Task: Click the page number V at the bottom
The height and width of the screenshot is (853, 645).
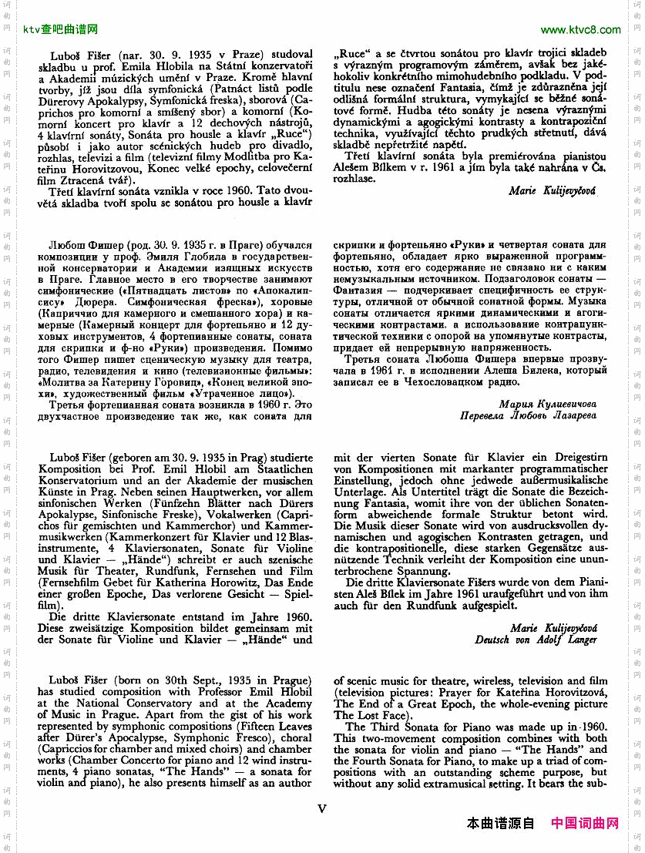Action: pos(322,808)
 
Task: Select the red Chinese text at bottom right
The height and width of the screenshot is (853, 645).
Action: pos(585,824)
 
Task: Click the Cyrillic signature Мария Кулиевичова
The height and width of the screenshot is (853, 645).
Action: pos(547,403)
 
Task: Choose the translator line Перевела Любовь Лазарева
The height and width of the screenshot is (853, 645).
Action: pos(528,415)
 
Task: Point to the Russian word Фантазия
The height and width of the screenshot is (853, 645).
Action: pos(358,289)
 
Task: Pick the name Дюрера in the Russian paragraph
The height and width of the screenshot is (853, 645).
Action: pos(70,301)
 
